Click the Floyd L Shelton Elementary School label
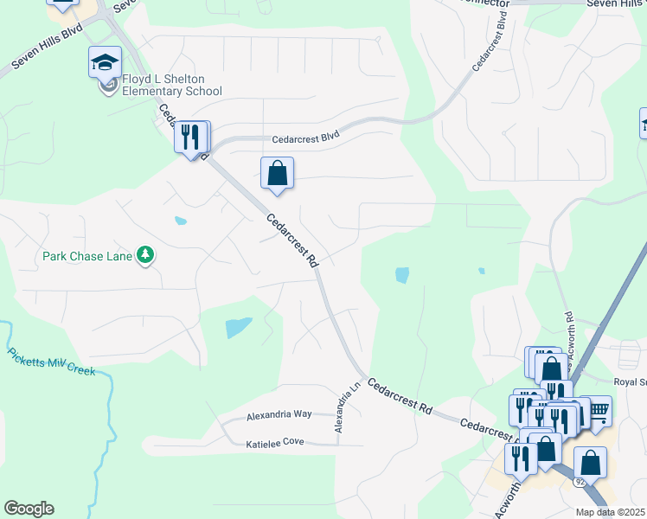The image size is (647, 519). [165, 85]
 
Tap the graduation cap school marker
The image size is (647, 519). [105, 62]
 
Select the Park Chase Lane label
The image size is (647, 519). [88, 256]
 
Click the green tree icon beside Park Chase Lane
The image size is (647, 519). [147, 255]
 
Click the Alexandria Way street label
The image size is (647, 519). [279, 415]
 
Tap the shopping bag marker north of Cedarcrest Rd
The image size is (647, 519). [277, 173]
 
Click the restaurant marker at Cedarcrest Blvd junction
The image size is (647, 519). [191, 137]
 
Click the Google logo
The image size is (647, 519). [29, 509]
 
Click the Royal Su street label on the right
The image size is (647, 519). [630, 381]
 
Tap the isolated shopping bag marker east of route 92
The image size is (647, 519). [590, 464]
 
